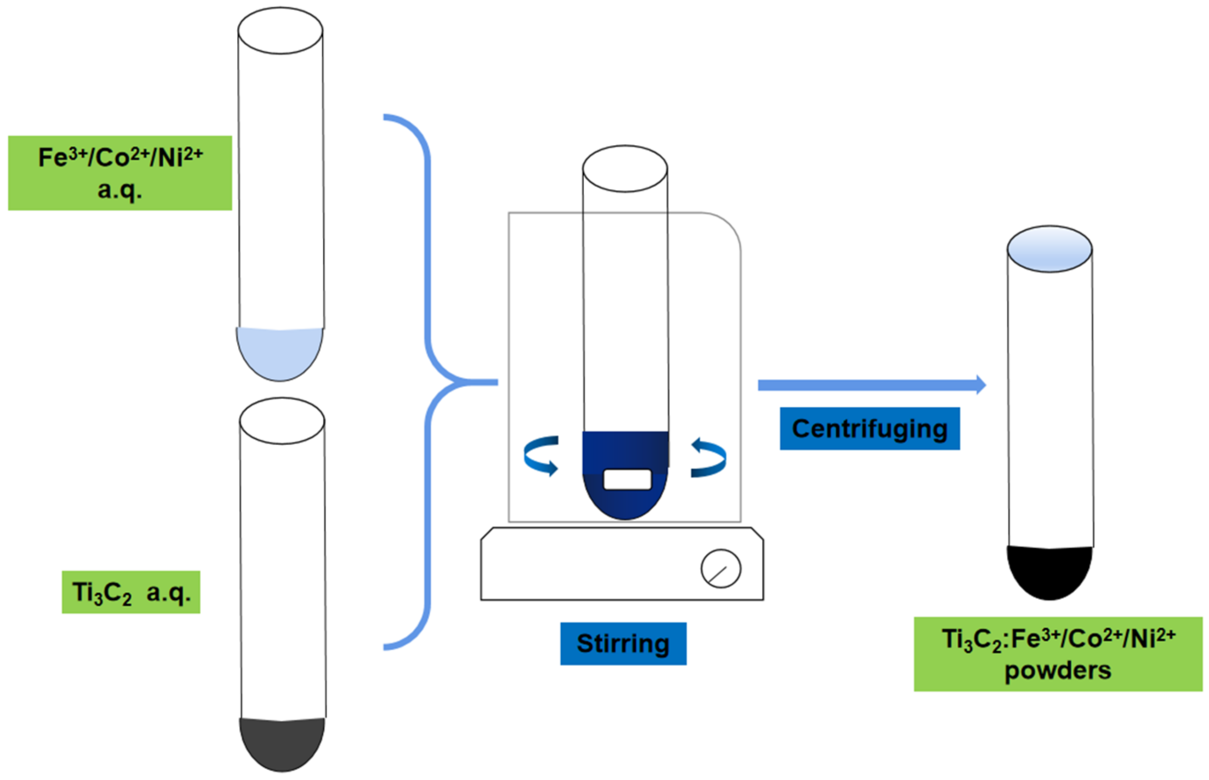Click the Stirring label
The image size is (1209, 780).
click(623, 643)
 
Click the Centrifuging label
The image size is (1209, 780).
click(870, 429)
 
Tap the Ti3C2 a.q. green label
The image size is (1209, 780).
click(131, 592)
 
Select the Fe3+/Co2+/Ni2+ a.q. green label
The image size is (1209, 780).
click(120, 173)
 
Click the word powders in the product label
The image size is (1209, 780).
click(1058, 671)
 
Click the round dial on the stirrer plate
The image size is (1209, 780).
click(721, 568)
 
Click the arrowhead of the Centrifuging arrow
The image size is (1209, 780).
click(981, 385)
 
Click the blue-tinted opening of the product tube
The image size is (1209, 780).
click(1049, 249)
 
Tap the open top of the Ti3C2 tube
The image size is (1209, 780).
click(282, 420)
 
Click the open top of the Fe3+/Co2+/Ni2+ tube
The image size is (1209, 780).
click(280, 30)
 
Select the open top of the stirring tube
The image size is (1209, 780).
click(624, 169)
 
